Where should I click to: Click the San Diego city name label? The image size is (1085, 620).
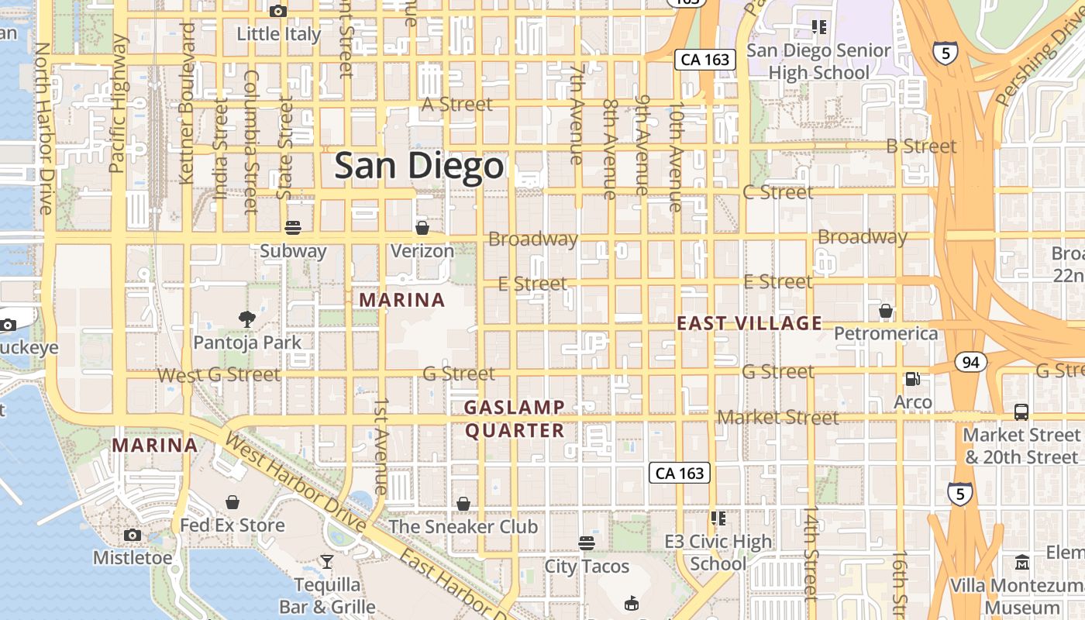coord(418,167)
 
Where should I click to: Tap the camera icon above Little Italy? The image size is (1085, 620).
coord(277,11)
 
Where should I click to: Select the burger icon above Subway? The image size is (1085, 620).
coord(293,228)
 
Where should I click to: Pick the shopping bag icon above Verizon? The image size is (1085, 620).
coord(422,228)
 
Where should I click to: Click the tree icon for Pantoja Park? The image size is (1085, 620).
coord(247,319)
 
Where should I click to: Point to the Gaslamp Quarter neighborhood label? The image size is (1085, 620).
coord(514,418)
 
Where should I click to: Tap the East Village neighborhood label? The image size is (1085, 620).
coord(749,323)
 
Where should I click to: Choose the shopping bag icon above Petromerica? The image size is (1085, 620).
coord(886,311)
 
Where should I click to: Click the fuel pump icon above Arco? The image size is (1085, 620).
coord(913,379)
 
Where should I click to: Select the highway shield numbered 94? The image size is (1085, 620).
coord(970,362)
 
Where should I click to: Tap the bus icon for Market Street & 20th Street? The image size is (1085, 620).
coord(1021,412)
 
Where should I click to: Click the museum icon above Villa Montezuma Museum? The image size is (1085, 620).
coord(1022,562)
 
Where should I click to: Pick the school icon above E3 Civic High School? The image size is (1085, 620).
coord(718,518)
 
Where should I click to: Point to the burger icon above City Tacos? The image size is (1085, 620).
coord(587,542)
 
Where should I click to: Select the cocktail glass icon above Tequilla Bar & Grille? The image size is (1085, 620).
coord(327,561)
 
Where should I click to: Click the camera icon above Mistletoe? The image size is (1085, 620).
coord(133,535)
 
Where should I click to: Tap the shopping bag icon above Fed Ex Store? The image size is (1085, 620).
coord(232,502)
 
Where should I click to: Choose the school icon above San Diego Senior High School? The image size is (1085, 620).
coord(818,28)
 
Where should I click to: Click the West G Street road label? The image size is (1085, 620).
coord(219,375)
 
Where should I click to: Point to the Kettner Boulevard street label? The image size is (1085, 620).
coord(187,103)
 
